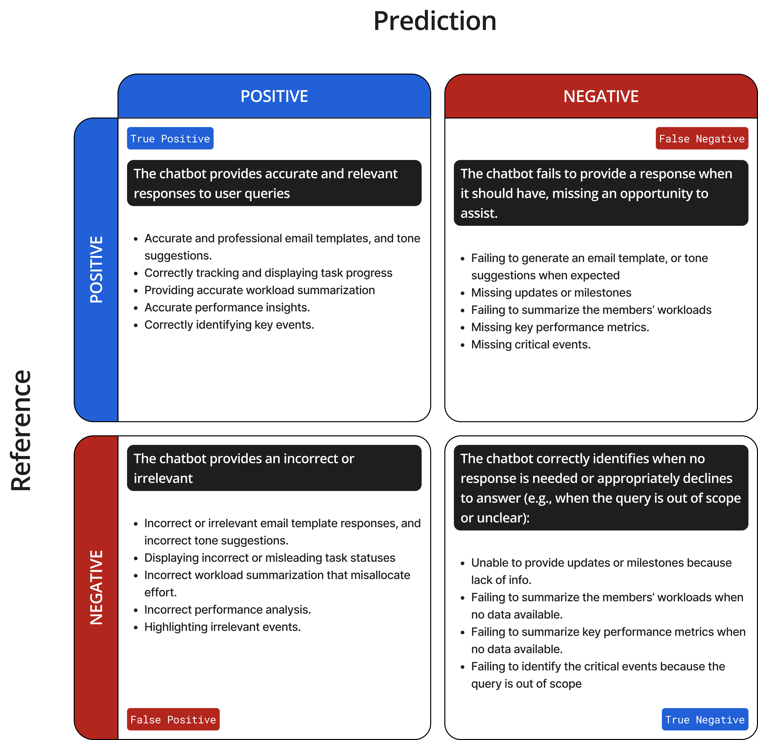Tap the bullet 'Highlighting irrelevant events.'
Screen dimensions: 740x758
(223, 627)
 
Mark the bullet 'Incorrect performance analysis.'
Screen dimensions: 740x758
(228, 609)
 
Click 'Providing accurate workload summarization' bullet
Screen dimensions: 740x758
(260, 290)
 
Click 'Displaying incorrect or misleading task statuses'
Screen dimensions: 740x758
(270, 558)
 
